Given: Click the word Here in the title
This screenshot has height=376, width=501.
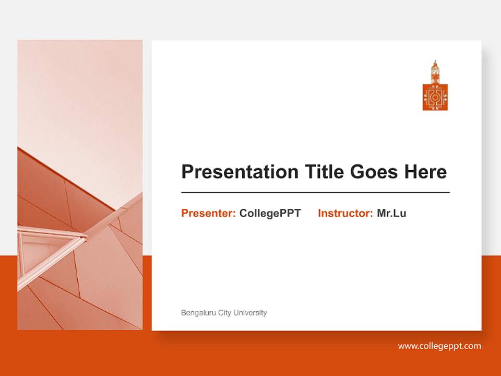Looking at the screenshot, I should coord(425,172).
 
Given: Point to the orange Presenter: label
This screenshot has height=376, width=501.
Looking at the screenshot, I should coord(208,213).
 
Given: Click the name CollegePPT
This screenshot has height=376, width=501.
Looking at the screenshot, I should coord(270,213).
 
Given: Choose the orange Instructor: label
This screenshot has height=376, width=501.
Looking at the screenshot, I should coord(345,213).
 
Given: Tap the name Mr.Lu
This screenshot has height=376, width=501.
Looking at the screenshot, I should coord(391,213).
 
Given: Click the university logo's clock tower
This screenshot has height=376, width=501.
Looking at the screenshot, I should coord(435,72).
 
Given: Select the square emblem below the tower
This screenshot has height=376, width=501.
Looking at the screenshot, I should coord(435,97).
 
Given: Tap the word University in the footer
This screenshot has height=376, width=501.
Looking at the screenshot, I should coord(250,313).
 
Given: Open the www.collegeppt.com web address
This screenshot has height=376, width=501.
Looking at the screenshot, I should coord(439,346).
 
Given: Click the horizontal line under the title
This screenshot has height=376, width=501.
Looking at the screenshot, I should coord(315,193).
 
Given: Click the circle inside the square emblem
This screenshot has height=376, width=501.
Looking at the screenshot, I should coord(435,97).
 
